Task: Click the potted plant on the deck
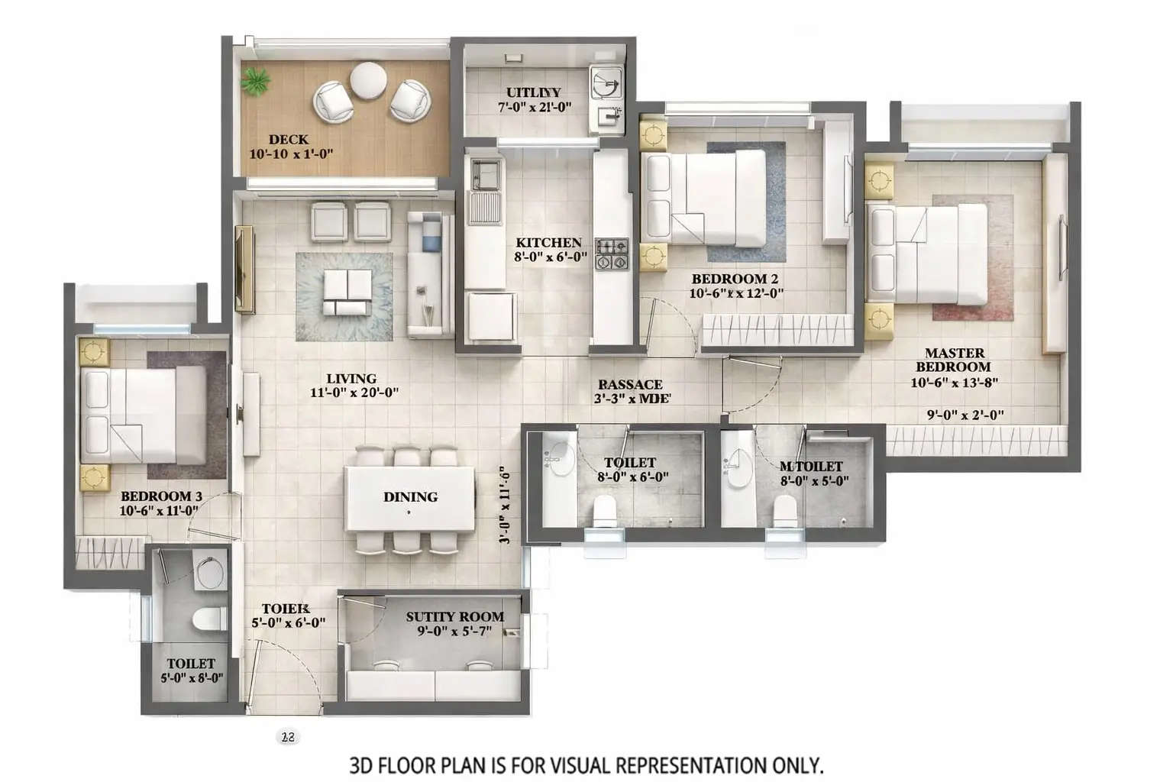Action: tap(257, 81)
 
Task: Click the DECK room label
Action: tap(289, 140)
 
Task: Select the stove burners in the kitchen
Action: tap(611, 254)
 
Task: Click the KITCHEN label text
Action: tap(548, 243)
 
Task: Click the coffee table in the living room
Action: tap(346, 293)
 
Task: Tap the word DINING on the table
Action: tap(410, 497)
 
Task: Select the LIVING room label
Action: tap(351, 379)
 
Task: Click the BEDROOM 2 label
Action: tap(734, 279)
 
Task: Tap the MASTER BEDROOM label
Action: tap(955, 360)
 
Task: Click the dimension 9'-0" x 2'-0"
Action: tap(965, 415)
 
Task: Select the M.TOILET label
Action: tap(811, 467)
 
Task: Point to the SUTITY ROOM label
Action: tap(454, 617)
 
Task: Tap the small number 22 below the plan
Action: tap(288, 738)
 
